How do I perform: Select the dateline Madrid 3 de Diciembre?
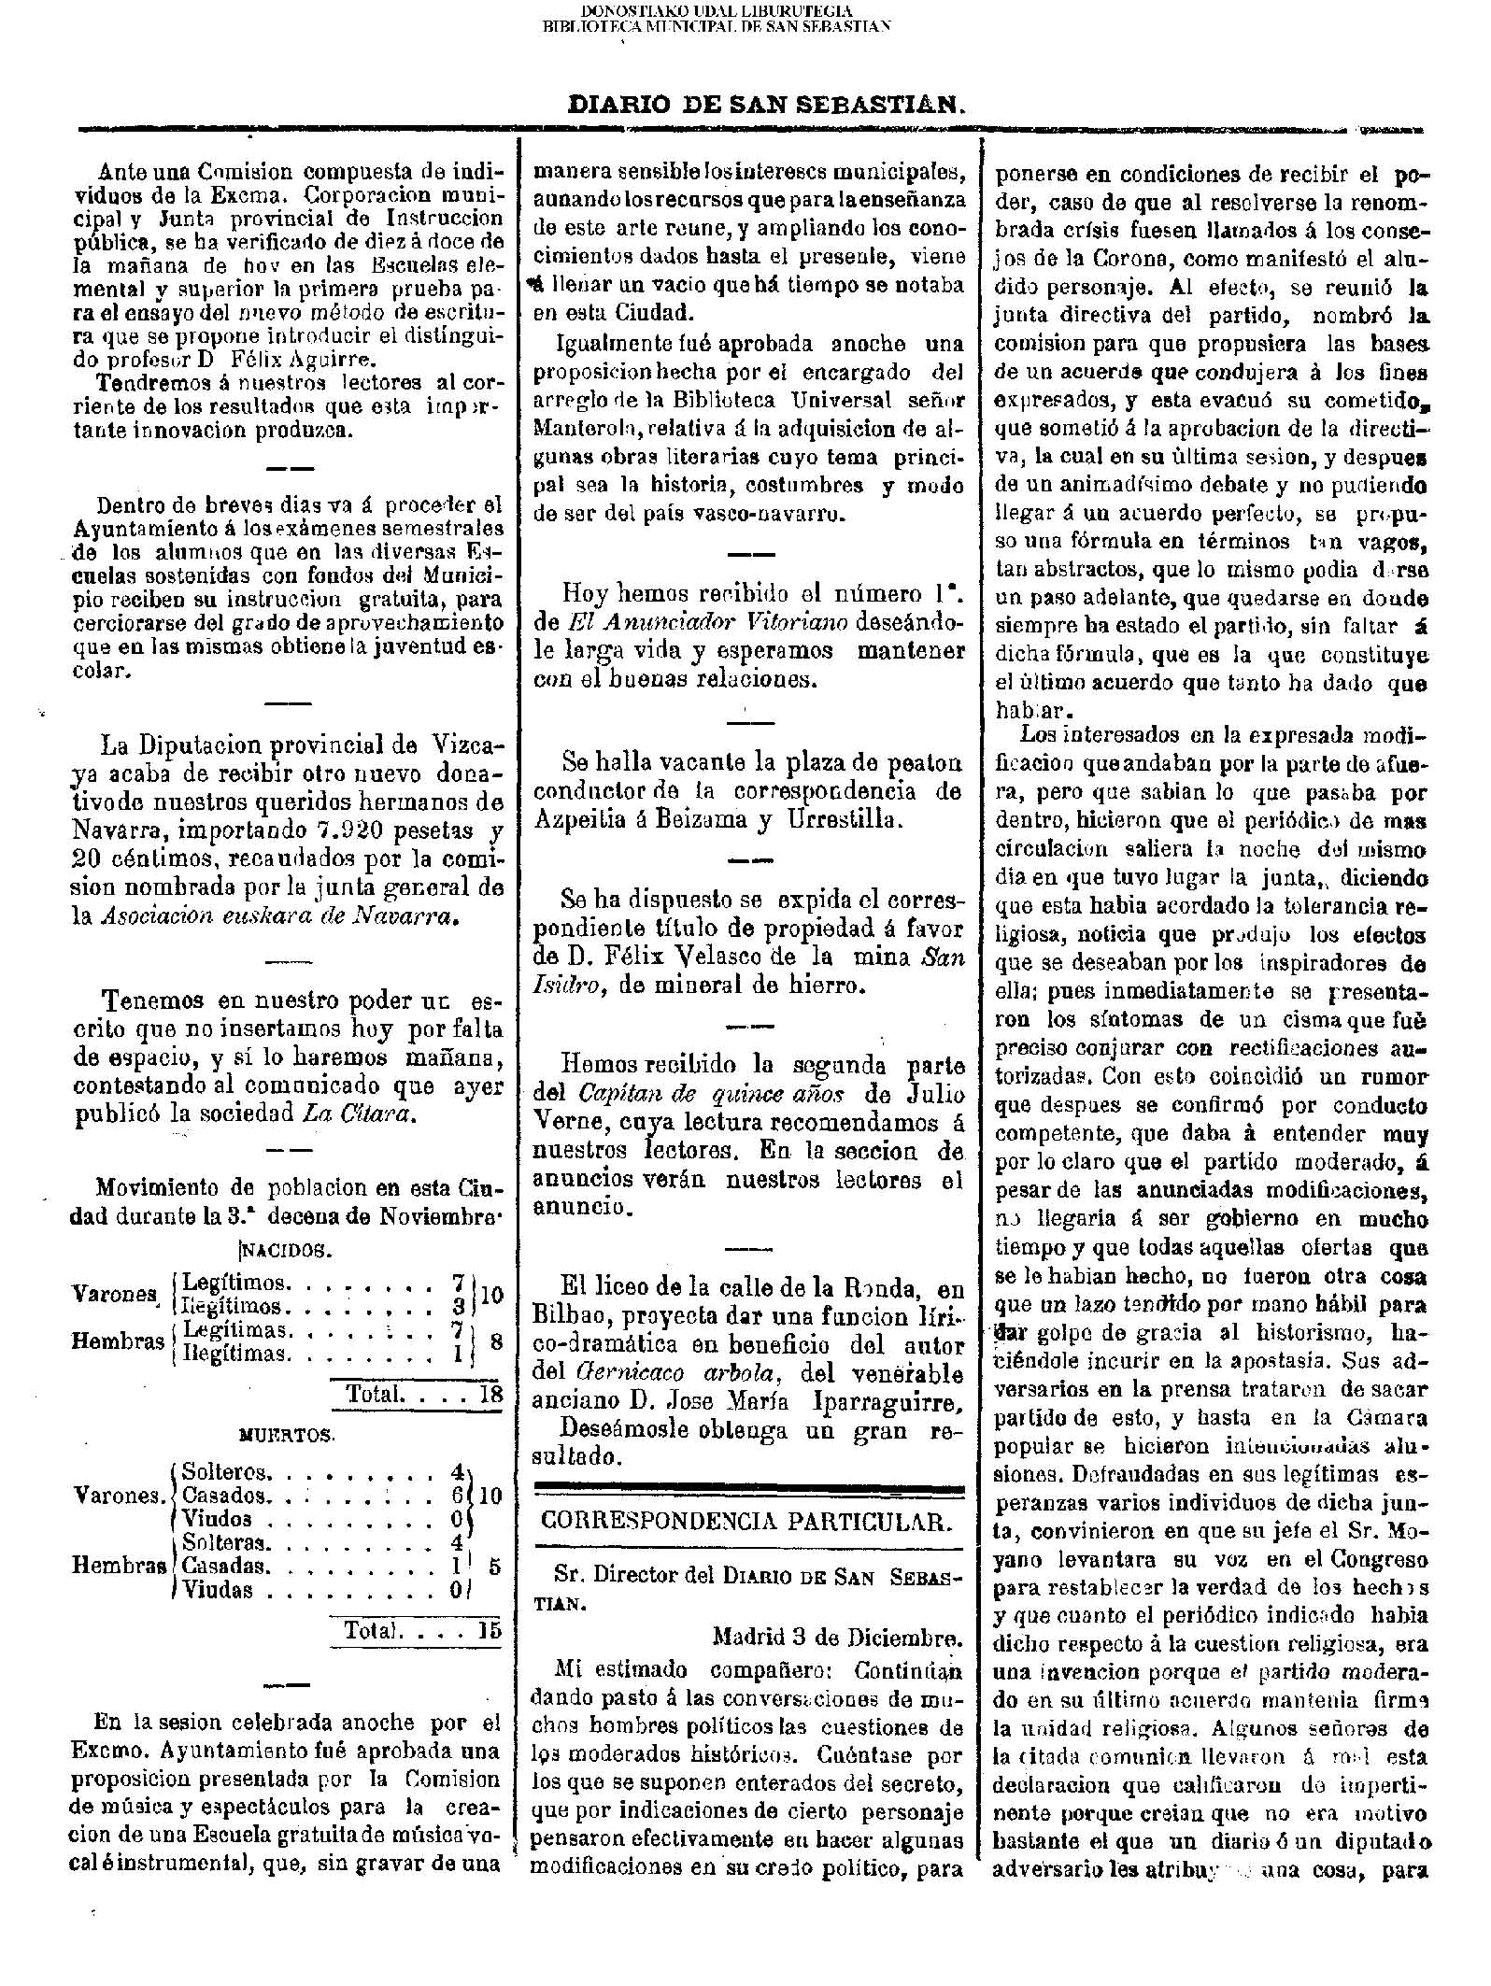pyautogui.click(x=836, y=1637)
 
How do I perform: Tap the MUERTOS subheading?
pyautogui.click(x=286, y=1434)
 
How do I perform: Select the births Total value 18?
pyautogui.click(x=490, y=1394)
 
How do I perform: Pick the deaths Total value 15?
pyautogui.click(x=489, y=1631)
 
